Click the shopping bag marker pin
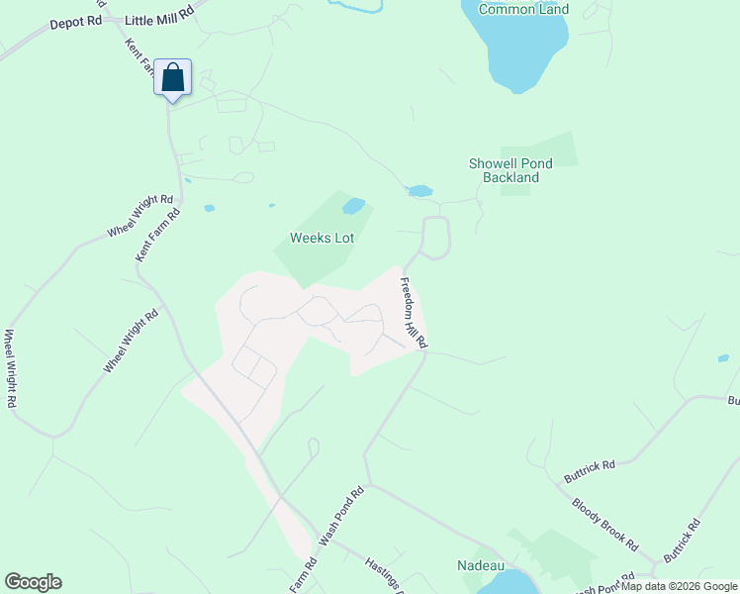pos(173,78)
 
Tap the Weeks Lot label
pos(322,238)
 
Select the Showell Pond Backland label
pos(510,170)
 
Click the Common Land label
pos(523,9)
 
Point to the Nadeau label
pos(482,565)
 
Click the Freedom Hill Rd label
pos(413,312)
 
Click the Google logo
pos(33,582)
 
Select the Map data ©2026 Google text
pos(679,586)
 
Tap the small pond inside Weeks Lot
pos(353,207)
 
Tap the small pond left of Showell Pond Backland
pos(419,191)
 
